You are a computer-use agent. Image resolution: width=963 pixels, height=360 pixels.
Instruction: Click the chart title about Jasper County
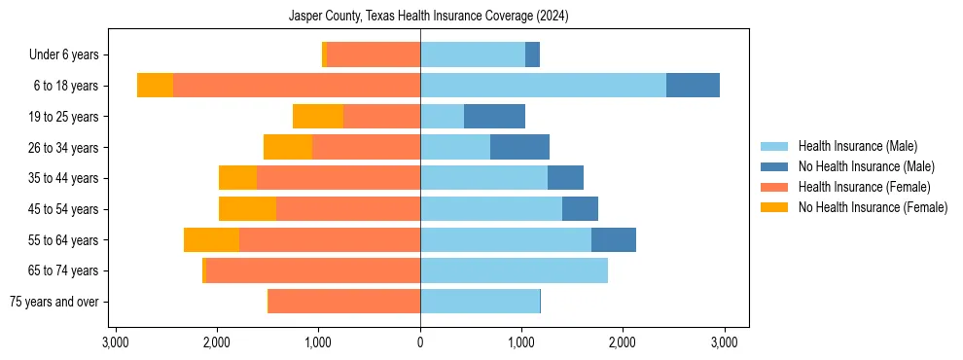coord(429,17)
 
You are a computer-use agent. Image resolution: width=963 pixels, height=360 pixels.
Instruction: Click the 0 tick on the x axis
coord(420,342)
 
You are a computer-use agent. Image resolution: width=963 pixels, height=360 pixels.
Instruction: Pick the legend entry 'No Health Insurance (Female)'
coord(873,207)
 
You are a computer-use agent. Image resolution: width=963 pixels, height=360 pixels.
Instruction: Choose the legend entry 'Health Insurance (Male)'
coord(858,146)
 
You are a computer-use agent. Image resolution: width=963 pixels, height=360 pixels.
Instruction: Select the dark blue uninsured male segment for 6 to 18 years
coord(693,86)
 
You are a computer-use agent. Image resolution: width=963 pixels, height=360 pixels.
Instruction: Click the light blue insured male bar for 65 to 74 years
coord(514,270)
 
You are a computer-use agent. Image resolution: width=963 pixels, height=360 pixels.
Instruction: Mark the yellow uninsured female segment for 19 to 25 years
coord(318,117)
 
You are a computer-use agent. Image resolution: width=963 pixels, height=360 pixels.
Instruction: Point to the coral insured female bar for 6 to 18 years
coord(297,86)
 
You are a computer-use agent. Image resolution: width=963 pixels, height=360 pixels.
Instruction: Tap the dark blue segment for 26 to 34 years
coord(519,147)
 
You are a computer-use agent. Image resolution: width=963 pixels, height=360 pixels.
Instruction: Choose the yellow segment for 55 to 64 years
coord(211,239)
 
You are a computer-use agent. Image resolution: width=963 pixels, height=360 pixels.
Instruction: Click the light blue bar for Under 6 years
coord(473,54)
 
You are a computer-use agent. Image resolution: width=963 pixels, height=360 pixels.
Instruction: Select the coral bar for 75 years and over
coord(344,302)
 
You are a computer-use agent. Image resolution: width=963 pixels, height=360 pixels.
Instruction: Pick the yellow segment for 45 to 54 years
coord(247,209)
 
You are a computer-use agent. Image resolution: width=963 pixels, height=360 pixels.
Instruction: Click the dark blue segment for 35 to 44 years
coord(565,178)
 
